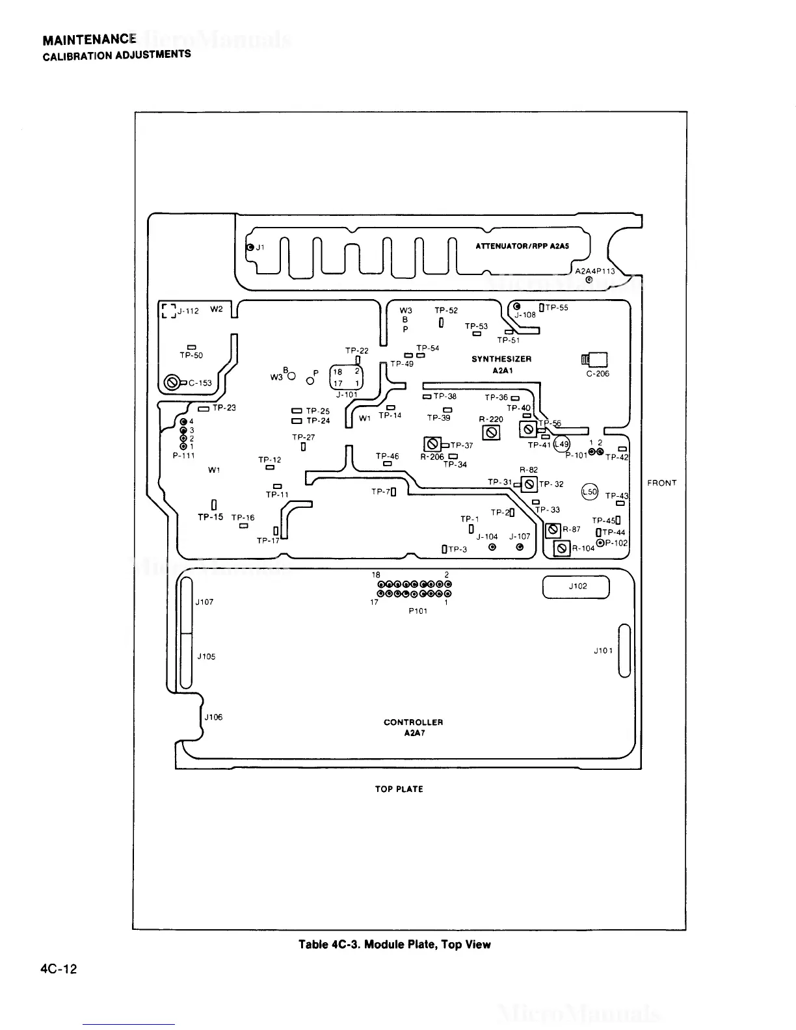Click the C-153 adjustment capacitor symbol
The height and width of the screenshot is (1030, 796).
pyautogui.click(x=172, y=382)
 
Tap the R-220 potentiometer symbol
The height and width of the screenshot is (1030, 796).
pyautogui.click(x=492, y=432)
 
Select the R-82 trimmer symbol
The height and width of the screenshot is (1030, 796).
pyautogui.click(x=529, y=484)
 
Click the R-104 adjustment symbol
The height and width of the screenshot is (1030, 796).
pyautogui.click(x=561, y=549)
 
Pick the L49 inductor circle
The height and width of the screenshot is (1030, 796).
pyautogui.click(x=561, y=445)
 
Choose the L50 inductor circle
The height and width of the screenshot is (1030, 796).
pyautogui.click(x=590, y=492)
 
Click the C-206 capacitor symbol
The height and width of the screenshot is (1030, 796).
pyautogui.click(x=597, y=360)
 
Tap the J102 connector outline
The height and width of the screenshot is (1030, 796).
pyautogui.click(x=576, y=587)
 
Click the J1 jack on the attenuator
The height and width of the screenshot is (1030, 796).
pyautogui.click(x=250, y=248)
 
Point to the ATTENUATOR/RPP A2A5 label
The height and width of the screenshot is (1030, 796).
pyautogui.click(x=522, y=246)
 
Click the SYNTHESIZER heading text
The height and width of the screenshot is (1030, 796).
pyautogui.click(x=501, y=359)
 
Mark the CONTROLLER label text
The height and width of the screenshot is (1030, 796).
pyautogui.click(x=413, y=722)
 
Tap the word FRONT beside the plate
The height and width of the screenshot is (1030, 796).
pyautogui.click(x=662, y=483)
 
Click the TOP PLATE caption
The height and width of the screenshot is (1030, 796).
pyautogui.click(x=399, y=789)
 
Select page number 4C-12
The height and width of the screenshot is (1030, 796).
pyautogui.click(x=59, y=970)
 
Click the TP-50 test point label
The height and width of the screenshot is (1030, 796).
pyautogui.click(x=191, y=356)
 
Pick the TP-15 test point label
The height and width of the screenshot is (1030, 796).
pyautogui.click(x=210, y=517)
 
